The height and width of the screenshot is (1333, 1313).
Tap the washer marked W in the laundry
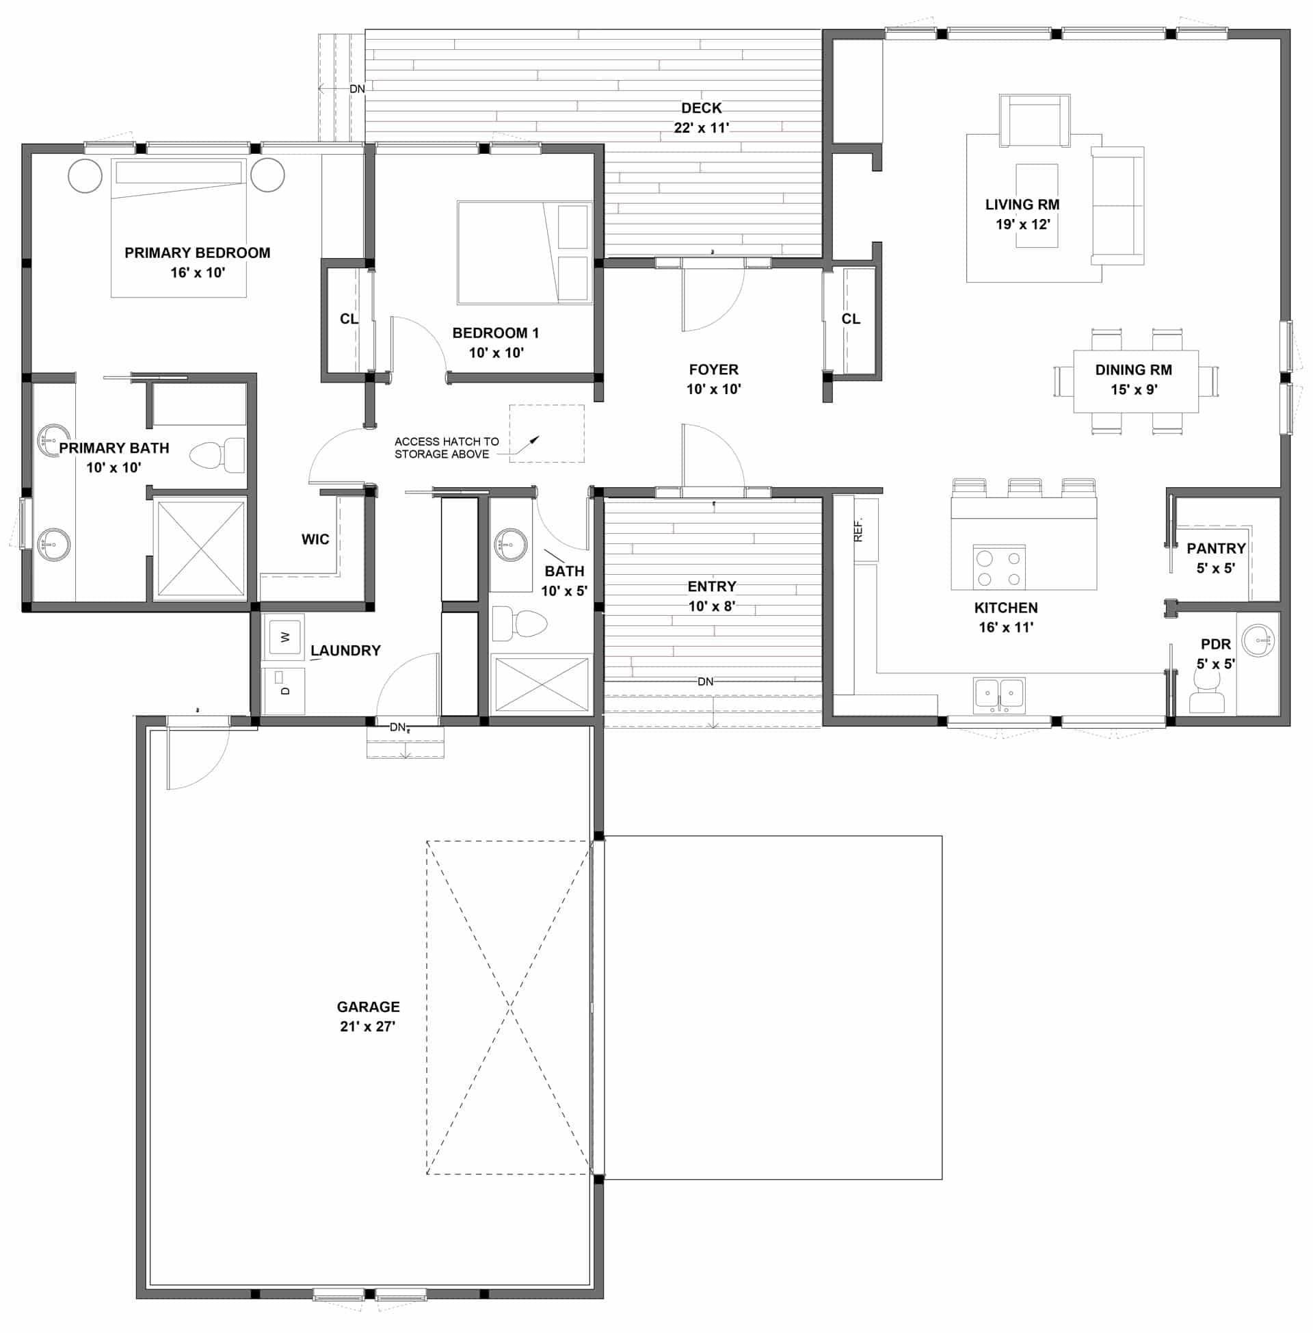283,636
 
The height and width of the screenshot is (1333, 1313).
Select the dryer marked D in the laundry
283,690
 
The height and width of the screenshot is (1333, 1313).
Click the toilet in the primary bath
217,455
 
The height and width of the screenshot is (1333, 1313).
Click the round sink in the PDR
1258,641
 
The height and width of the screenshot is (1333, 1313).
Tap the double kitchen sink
999,695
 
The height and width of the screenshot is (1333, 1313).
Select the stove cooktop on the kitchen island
999,568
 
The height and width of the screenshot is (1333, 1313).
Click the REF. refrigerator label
858,530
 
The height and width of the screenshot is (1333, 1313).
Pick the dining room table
1136,381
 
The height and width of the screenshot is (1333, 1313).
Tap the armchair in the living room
1035,120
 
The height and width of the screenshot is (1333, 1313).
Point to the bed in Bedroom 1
524,253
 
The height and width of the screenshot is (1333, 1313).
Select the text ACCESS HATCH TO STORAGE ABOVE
446,448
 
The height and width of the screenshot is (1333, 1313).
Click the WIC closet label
315,539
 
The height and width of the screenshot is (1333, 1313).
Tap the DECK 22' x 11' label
702,118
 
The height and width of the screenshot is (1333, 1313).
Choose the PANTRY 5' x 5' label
1216,558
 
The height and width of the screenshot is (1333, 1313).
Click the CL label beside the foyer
851,319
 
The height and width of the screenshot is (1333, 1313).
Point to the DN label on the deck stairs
357,89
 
